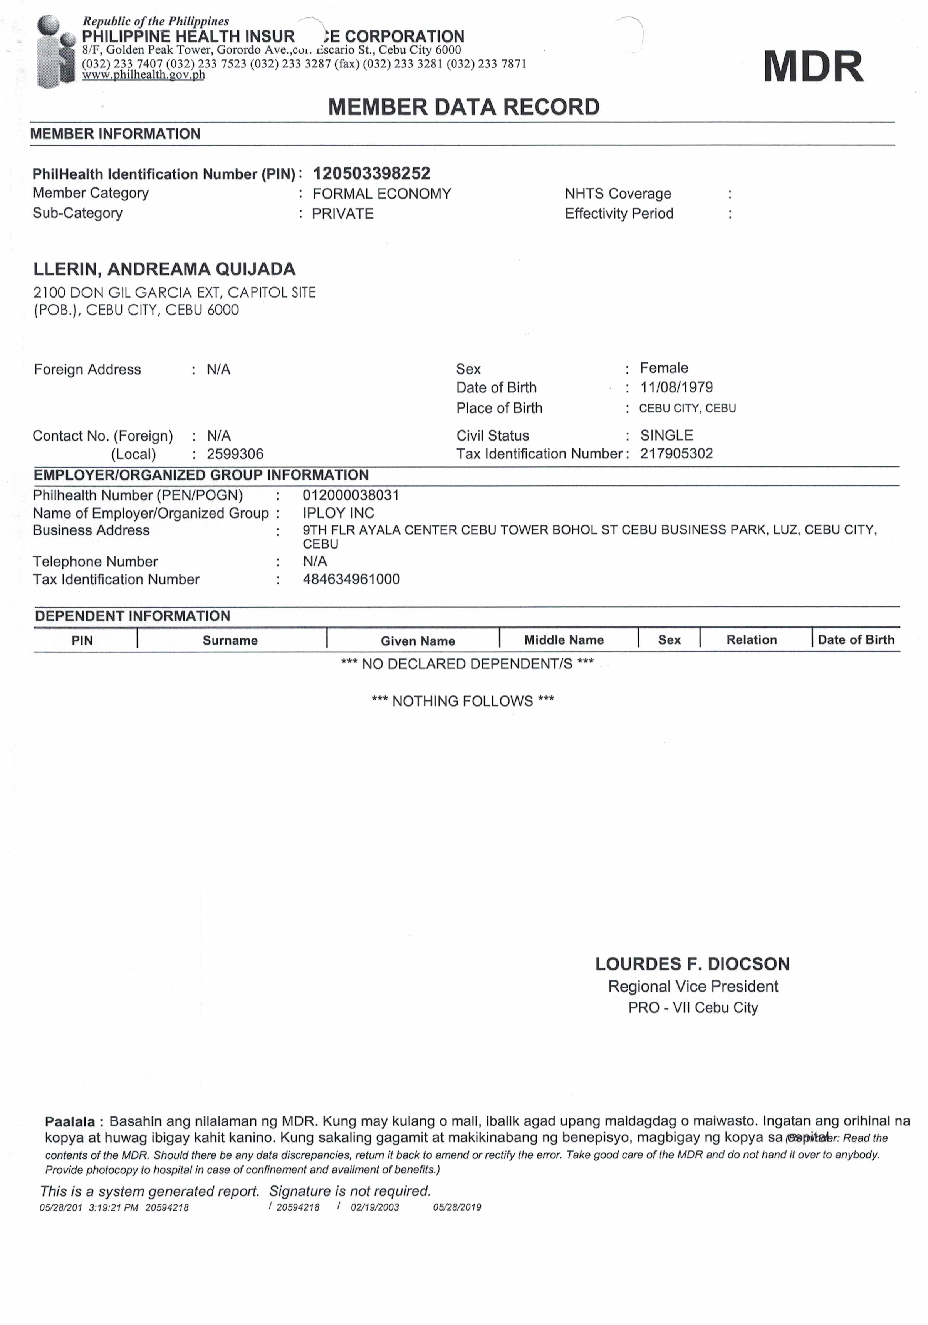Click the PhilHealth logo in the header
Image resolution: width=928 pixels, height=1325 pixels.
(x=55, y=52)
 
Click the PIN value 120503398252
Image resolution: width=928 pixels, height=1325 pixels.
(x=371, y=173)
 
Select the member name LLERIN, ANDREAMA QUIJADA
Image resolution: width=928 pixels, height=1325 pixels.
(x=164, y=269)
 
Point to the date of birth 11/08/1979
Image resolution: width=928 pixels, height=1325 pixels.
(x=676, y=387)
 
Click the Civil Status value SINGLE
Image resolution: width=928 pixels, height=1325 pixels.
(x=666, y=435)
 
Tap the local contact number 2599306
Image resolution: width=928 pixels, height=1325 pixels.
(x=235, y=454)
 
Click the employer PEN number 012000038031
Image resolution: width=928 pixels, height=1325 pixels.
(x=351, y=495)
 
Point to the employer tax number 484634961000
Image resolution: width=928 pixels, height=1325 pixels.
(x=351, y=579)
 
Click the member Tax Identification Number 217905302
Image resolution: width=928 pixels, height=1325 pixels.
(x=676, y=454)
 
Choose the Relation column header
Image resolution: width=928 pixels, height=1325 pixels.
(x=751, y=640)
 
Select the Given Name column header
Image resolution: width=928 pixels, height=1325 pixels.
(x=418, y=641)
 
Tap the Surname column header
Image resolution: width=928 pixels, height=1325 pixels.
(x=230, y=640)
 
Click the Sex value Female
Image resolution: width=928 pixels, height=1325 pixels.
(x=663, y=368)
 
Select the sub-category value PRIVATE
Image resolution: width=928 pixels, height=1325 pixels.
(x=342, y=214)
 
